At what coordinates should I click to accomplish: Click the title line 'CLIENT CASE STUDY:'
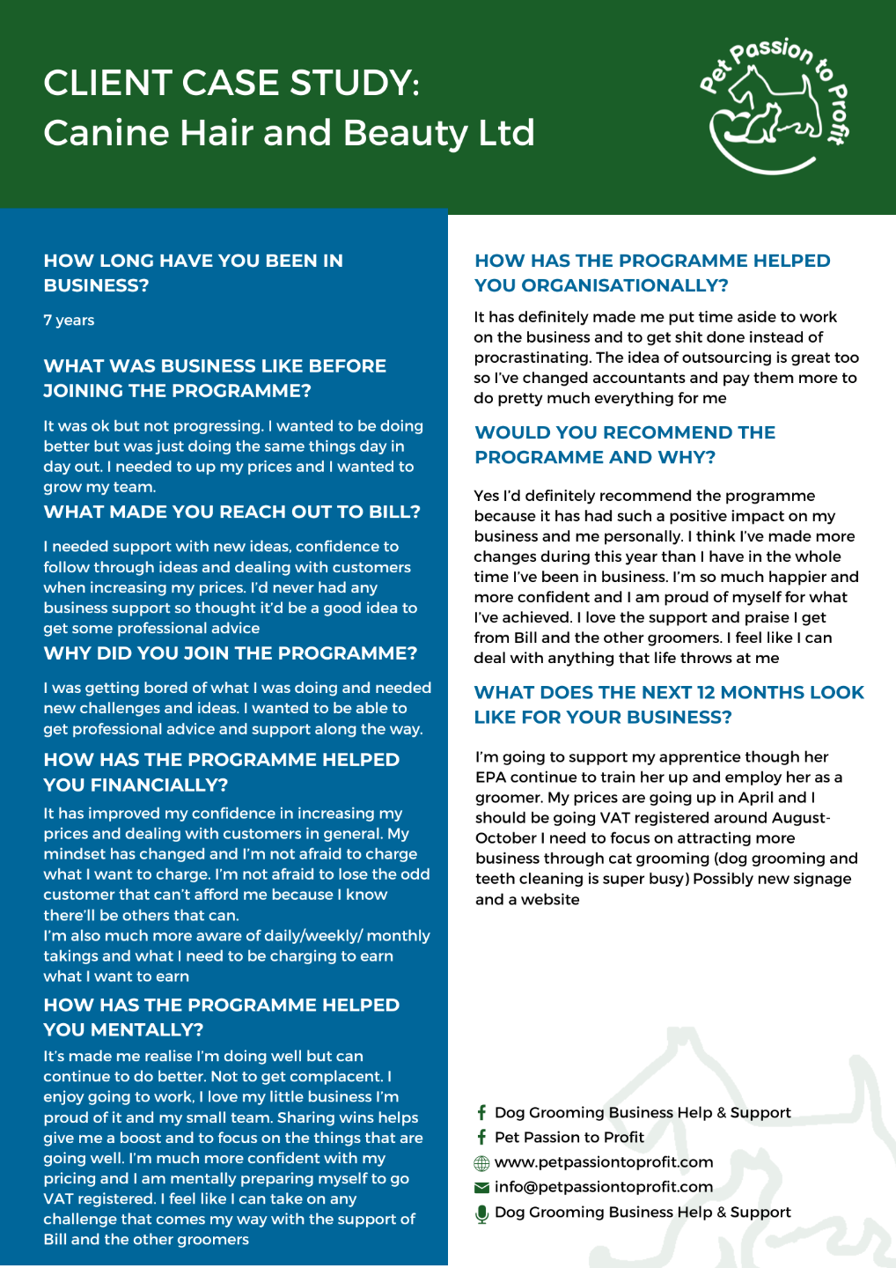pyautogui.click(x=231, y=84)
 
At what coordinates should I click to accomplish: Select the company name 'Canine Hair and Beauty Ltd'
pyautogui.click(x=289, y=133)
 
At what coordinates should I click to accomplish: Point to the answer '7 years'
pyautogui.click(x=69, y=321)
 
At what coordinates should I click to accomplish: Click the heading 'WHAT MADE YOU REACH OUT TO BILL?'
pyautogui.click(x=232, y=512)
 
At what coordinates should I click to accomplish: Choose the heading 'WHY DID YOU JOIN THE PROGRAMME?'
pyautogui.click(x=231, y=653)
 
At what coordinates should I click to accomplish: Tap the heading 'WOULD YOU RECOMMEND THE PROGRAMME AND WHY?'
pyautogui.click(x=625, y=445)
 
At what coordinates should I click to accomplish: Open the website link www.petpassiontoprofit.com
pyautogui.click(x=604, y=1162)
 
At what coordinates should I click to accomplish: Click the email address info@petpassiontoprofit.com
pyautogui.click(x=604, y=1187)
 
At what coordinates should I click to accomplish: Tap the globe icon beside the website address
pyautogui.click(x=481, y=1163)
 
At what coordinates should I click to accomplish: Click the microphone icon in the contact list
pyautogui.click(x=481, y=1213)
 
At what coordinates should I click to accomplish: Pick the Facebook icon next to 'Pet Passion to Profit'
pyautogui.click(x=481, y=1138)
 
